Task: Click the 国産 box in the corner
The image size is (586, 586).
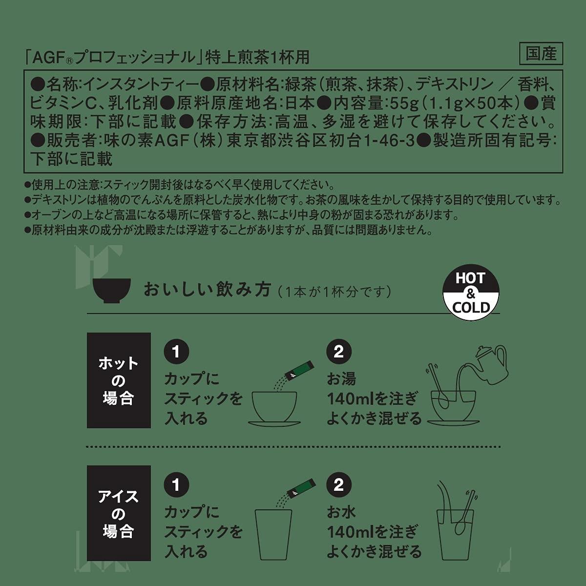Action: (541, 54)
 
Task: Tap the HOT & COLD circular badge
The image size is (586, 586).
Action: (471, 292)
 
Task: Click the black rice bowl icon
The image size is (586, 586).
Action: (112, 291)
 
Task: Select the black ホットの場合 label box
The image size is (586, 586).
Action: (119, 380)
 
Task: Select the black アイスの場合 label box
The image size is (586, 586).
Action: (119, 513)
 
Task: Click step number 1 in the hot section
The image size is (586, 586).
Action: (176, 352)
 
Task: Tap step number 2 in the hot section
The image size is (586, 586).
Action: (339, 352)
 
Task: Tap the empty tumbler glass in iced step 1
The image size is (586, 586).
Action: (273, 534)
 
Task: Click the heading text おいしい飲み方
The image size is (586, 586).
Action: (207, 289)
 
